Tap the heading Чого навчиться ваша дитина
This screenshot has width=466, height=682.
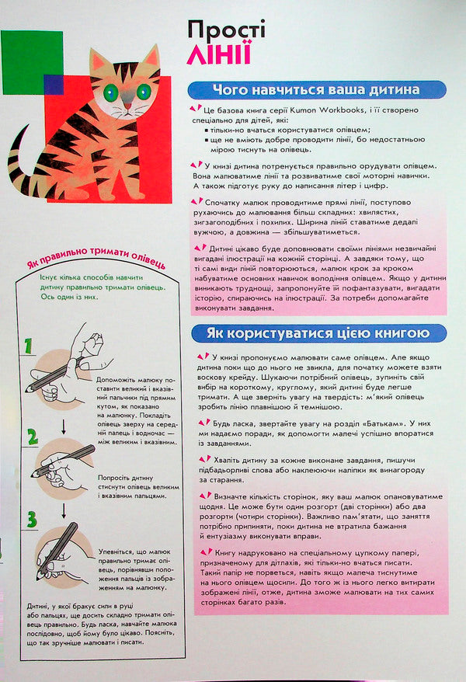point(318,89)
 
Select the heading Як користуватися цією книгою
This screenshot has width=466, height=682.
point(318,333)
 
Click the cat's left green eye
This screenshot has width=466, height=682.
point(111,92)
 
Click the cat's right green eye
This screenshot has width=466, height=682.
point(143,92)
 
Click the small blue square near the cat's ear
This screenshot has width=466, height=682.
point(53,84)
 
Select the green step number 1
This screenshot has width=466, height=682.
point(29,346)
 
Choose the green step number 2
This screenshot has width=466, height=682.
point(32,437)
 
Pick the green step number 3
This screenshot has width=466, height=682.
point(31,519)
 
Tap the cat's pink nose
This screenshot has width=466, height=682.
point(127,107)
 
